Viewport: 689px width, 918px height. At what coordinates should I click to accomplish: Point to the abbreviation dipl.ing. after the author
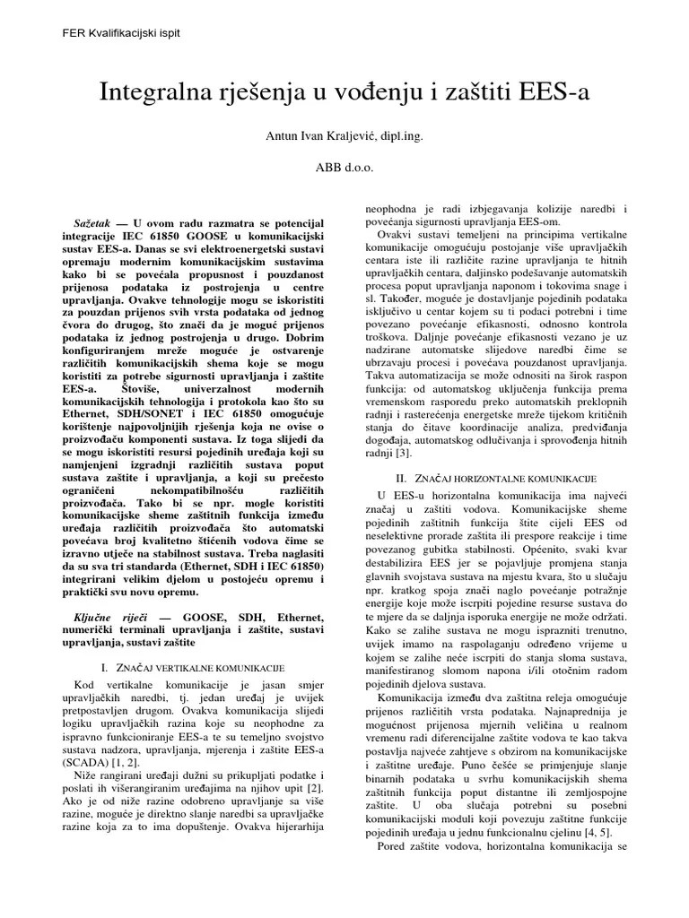(x=400, y=136)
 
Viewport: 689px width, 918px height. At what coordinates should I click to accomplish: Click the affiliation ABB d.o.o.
(x=344, y=167)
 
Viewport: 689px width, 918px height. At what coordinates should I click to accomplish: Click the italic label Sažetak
(x=91, y=221)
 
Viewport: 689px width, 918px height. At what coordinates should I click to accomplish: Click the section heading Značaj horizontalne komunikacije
(x=510, y=481)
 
